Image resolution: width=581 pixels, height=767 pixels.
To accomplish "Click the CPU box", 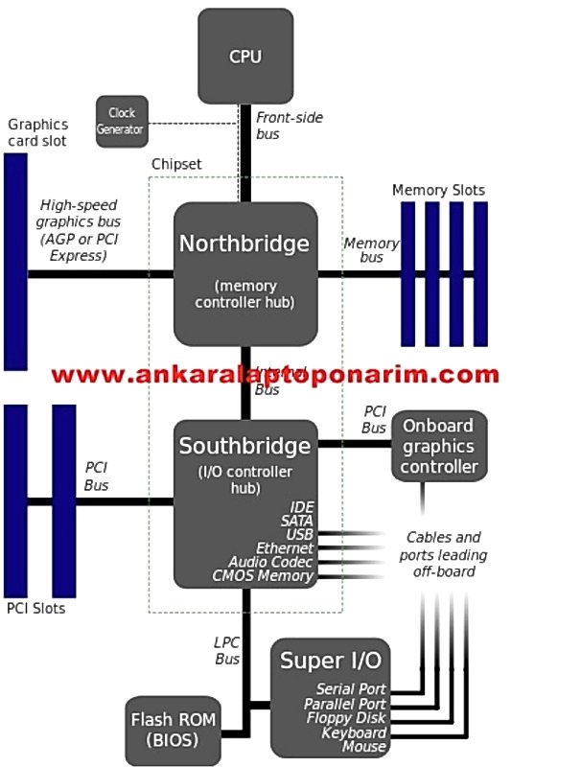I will [245, 56].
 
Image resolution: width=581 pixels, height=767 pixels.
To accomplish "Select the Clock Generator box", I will [122, 121].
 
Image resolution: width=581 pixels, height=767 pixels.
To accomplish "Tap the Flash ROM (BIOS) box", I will [174, 731].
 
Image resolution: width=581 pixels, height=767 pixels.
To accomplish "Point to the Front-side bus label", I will [289, 126].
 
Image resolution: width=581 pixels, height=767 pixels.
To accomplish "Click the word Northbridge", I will [244, 244].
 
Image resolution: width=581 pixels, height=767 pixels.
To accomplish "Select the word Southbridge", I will [244, 447].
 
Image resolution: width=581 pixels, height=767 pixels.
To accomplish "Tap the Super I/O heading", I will [330, 661].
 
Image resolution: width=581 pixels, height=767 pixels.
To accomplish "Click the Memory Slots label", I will [438, 190].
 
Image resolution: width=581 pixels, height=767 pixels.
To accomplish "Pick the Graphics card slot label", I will [38, 133].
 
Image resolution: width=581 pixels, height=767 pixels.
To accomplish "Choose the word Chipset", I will [176, 164].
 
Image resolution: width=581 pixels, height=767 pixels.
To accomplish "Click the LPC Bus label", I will [227, 651].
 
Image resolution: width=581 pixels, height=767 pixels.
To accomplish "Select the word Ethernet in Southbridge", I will [285, 547].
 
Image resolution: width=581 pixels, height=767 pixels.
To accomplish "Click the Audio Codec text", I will [270, 562].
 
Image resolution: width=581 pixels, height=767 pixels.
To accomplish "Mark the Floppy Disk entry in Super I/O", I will [346, 718].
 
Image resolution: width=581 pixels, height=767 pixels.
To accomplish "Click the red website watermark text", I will [275, 375].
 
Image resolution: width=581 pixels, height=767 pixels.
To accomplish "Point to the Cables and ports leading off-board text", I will [443, 554].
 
